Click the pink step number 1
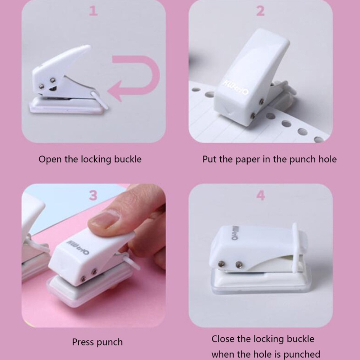tap(94, 11)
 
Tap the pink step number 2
tap(260, 11)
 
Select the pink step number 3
tap(93, 195)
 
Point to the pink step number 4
tap(261, 195)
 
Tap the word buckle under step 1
tap(128, 159)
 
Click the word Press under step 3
tap(83, 342)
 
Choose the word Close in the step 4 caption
tap(222, 339)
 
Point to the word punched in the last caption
tap(302, 355)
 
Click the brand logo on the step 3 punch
tap(78, 247)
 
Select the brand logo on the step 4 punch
tap(235, 233)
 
